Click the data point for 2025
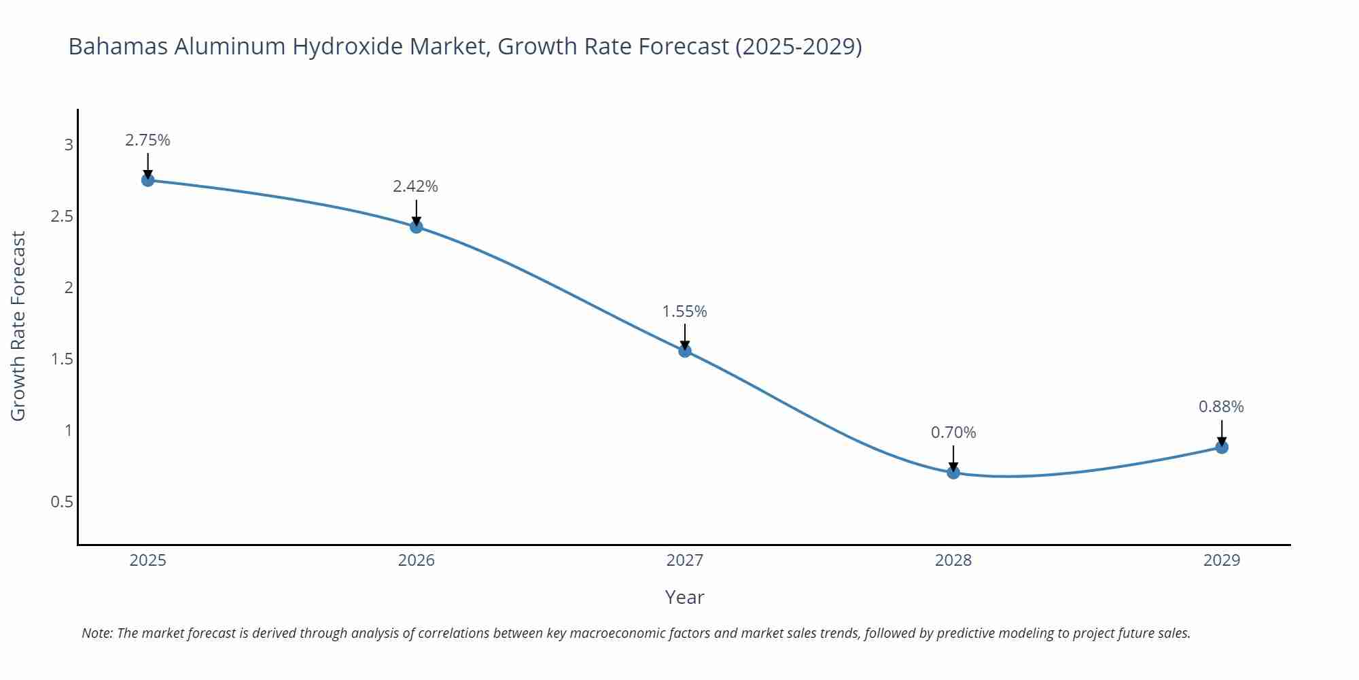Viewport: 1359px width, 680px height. tap(147, 180)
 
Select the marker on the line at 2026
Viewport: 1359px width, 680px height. tap(417, 226)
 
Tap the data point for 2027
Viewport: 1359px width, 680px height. tap(685, 351)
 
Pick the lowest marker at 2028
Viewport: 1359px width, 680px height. tap(953, 473)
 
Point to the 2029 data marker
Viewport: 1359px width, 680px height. tap(1222, 447)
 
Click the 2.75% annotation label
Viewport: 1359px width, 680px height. tap(147, 140)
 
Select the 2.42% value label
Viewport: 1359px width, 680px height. tap(415, 186)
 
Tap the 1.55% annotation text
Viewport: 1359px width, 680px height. tap(684, 311)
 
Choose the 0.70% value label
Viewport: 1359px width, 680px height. tap(953, 432)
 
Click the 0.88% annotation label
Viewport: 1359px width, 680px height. tap(1221, 407)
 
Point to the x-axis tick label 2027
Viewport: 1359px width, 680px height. tap(684, 560)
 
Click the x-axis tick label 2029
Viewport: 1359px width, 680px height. tap(1221, 560)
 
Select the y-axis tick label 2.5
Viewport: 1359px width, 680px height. tap(62, 216)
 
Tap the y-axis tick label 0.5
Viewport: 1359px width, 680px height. tap(62, 502)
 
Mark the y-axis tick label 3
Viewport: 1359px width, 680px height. tap(69, 145)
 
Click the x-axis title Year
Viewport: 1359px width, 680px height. tap(684, 597)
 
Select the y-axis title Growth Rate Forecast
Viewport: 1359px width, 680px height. tap(18, 326)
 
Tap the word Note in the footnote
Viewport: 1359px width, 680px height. tap(96, 633)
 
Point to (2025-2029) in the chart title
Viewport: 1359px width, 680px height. tap(798, 46)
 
